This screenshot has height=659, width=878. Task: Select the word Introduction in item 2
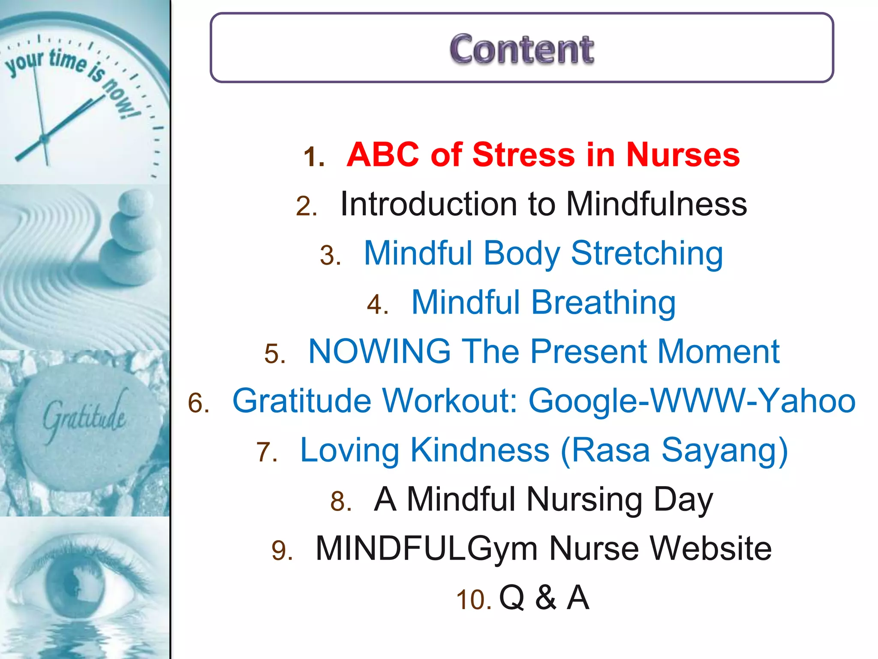point(429,204)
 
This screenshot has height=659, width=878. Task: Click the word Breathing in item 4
point(604,302)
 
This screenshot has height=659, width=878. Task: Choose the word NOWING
point(379,351)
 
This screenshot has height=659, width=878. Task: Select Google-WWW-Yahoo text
point(692,401)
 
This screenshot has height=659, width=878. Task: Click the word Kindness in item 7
point(480,450)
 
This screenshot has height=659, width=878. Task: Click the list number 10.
point(473,599)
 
